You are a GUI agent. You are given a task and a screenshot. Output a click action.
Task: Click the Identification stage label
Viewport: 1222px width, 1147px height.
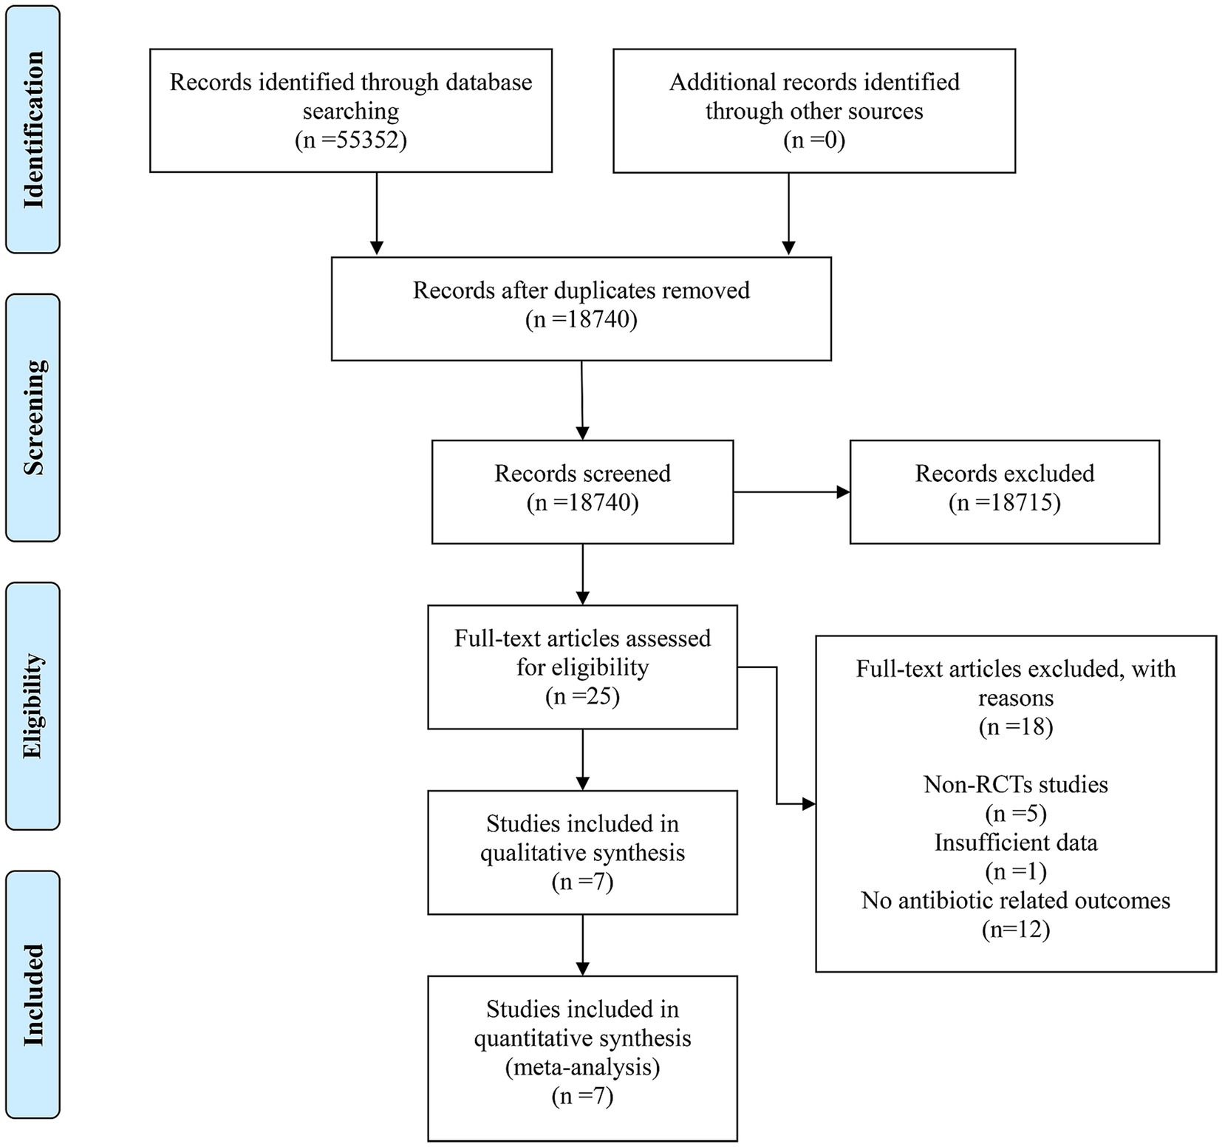pyautogui.click(x=33, y=129)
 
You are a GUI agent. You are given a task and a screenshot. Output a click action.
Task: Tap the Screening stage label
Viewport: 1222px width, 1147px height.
pyautogui.click(x=33, y=418)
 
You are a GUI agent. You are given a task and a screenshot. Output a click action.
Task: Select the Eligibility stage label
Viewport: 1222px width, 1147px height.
pyautogui.click(x=33, y=706)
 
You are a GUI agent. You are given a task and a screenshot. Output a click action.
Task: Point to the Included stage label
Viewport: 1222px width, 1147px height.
pyautogui.click(x=33, y=995)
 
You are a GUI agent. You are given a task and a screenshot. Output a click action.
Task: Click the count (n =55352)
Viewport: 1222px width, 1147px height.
pyautogui.click(x=351, y=140)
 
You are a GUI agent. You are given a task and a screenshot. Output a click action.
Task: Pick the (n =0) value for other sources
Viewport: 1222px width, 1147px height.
pyautogui.click(x=814, y=140)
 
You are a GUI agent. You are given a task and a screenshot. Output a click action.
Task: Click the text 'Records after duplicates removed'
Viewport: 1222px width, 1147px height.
pyautogui.click(x=581, y=290)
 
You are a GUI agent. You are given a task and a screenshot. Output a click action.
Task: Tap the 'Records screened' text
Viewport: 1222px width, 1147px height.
pyautogui.click(x=583, y=473)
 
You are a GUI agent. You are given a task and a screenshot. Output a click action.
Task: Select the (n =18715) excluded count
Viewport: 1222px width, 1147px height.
pyautogui.click(x=1005, y=503)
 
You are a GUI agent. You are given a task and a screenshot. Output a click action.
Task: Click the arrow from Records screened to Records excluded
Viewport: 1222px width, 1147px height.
pyautogui.click(x=792, y=492)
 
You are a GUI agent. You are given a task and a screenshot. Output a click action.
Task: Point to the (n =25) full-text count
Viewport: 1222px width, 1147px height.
pyautogui.click(x=583, y=696)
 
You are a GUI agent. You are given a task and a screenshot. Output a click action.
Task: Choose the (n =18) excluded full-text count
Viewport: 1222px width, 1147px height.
pyautogui.click(x=1016, y=726)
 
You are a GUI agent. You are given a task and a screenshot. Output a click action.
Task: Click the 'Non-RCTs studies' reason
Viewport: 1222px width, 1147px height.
pyautogui.click(x=1016, y=783)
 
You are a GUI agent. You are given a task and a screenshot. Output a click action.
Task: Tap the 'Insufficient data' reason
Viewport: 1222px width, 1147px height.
pyautogui.click(x=1016, y=843)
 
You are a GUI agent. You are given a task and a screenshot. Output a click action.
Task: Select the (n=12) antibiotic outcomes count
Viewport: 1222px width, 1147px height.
pyautogui.click(x=1016, y=930)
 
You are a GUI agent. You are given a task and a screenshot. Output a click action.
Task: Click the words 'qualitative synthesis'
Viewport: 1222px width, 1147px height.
pyautogui.click(x=583, y=853)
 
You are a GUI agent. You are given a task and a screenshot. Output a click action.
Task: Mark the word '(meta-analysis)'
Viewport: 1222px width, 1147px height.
pyautogui.click(x=583, y=1067)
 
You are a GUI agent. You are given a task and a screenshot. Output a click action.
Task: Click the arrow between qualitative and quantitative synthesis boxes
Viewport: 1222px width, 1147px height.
pyautogui.click(x=583, y=945)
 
